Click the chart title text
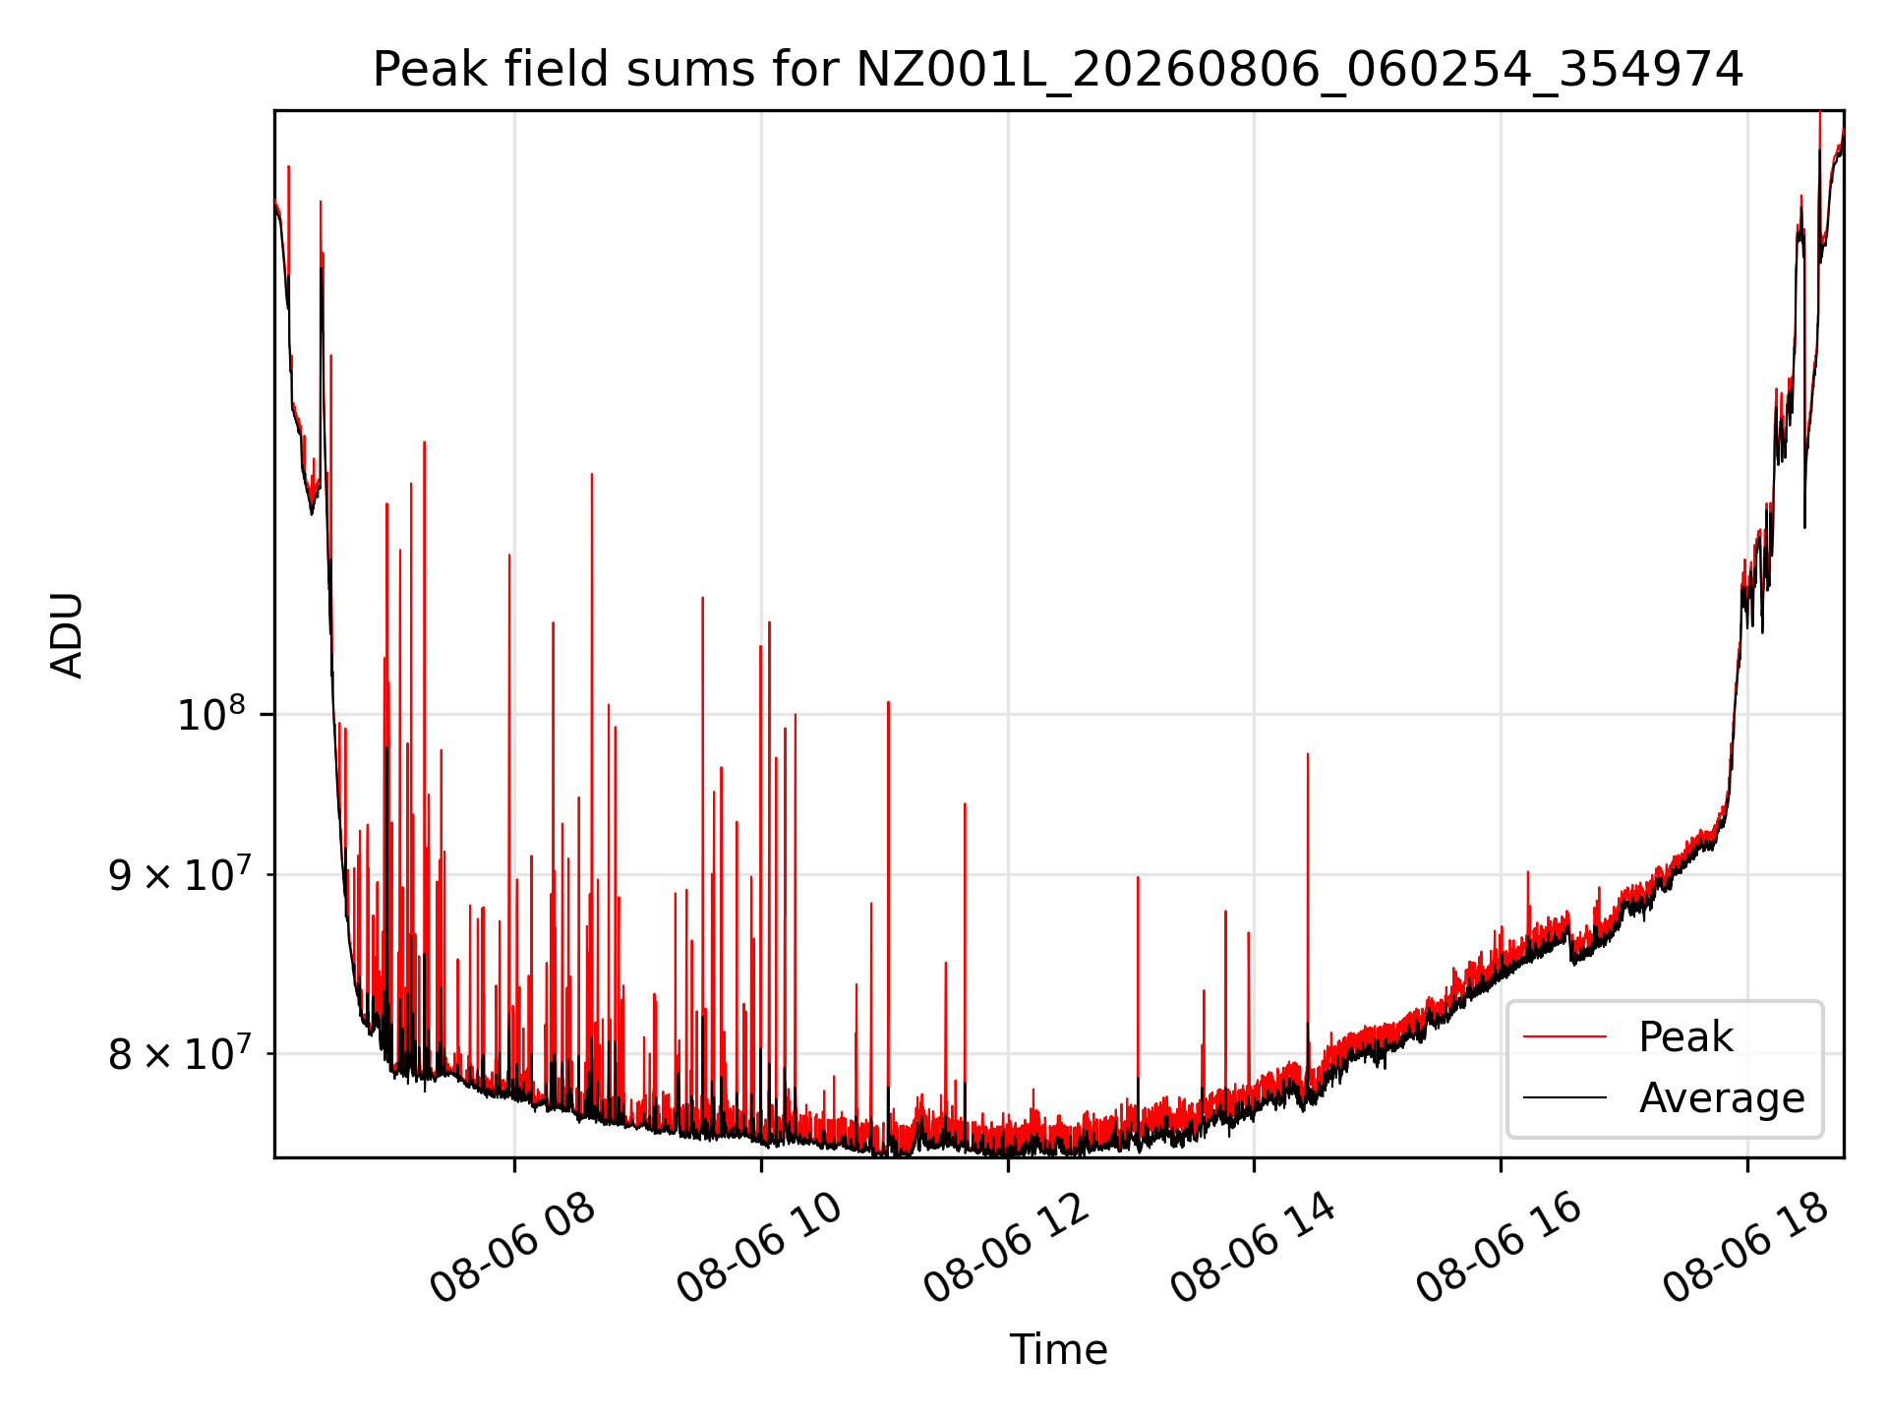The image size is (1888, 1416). tap(1058, 70)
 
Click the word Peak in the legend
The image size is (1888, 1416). tap(1685, 1037)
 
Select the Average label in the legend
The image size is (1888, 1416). tap(1722, 1098)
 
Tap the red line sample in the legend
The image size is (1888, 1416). tap(1564, 1036)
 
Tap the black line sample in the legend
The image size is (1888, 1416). tap(1564, 1097)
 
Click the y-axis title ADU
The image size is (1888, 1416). tap(67, 634)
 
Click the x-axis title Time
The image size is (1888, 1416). tap(1058, 1350)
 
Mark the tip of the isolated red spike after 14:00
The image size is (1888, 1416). tap(1308, 754)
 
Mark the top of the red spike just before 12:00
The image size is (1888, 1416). tap(965, 803)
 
